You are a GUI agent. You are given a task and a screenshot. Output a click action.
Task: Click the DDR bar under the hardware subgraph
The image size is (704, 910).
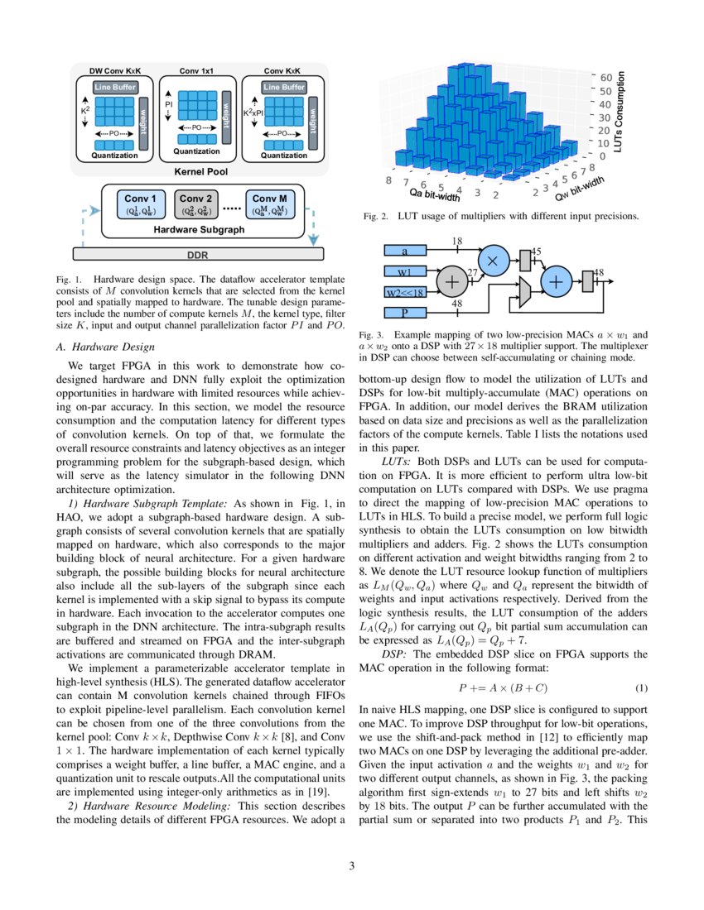[x=199, y=253]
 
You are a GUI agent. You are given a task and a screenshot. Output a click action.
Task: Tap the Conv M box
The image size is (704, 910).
[x=270, y=204]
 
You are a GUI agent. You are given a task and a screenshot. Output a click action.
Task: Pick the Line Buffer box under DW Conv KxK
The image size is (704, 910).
[x=114, y=88]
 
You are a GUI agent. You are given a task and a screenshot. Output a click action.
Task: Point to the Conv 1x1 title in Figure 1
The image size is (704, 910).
[x=196, y=71]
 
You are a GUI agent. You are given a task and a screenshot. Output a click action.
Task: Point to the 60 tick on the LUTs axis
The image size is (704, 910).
[x=606, y=77]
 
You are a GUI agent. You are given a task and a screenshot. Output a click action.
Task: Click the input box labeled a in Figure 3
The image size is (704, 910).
[x=405, y=251]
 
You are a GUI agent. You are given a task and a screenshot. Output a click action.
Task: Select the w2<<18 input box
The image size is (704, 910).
[x=405, y=292]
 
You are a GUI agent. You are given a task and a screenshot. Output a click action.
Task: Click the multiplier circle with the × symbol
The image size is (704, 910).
[x=494, y=260]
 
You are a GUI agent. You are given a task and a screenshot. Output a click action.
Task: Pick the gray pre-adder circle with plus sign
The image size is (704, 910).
[x=453, y=281]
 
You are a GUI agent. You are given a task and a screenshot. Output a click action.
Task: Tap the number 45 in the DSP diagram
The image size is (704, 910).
[x=535, y=251]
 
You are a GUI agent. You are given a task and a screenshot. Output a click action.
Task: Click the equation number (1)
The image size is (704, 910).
[x=641, y=688]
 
